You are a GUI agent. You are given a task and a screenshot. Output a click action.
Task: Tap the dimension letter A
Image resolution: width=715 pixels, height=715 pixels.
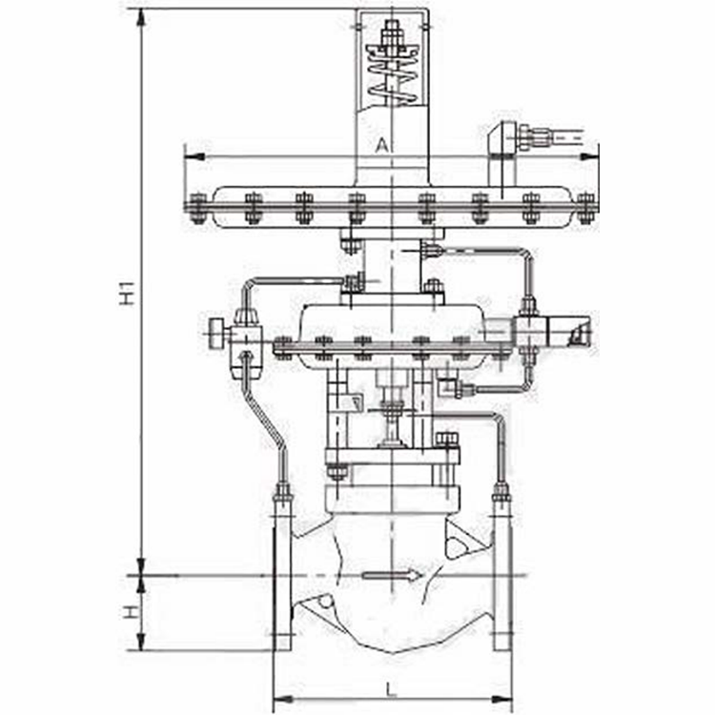[x=381, y=145]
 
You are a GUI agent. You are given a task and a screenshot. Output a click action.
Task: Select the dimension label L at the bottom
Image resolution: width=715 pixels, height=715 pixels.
[x=392, y=688]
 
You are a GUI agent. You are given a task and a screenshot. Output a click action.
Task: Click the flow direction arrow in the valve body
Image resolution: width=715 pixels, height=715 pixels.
[x=391, y=575]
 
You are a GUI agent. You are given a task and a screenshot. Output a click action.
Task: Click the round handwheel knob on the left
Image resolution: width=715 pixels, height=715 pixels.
[x=216, y=335]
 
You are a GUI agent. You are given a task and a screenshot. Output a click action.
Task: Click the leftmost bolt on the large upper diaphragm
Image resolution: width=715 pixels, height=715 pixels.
[x=197, y=207]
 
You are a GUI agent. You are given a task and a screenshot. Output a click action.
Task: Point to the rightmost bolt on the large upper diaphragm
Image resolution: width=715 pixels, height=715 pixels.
[x=585, y=207]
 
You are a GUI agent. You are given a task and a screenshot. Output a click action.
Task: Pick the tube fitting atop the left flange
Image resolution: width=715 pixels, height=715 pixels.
[x=283, y=494]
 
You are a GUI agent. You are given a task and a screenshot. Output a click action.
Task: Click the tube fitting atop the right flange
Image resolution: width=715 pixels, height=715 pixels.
[x=500, y=494]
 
